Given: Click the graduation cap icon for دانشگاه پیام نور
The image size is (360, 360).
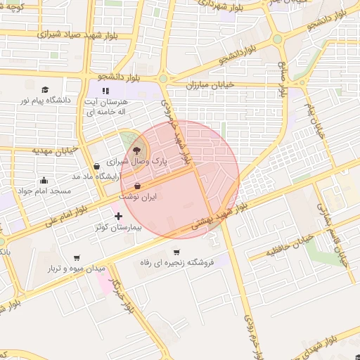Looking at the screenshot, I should pos(46,90).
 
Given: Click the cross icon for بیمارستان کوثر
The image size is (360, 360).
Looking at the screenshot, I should pos(118,217).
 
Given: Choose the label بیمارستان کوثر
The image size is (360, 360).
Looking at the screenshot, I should pos(119,229).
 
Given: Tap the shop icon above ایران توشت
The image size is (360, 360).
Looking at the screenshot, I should pos(137,185).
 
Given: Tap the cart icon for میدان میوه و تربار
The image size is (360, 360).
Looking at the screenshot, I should pos(77,257).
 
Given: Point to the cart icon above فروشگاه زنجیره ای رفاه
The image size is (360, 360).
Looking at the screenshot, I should pos(176,252).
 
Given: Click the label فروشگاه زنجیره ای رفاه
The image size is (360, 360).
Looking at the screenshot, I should pos(176,262).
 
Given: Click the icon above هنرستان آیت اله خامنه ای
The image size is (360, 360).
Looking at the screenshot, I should pos(105,91).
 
